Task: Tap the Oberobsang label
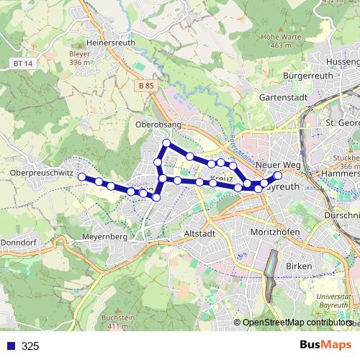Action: tap(158, 125)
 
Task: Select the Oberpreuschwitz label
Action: tap(41, 173)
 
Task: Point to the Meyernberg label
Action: tap(104, 235)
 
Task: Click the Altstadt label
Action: tap(199, 234)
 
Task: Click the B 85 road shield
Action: tap(145, 86)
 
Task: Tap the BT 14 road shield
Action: tap(23, 63)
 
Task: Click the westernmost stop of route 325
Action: tap(82, 176)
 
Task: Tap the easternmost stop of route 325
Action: tap(278, 174)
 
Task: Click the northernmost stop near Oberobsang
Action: tap(166, 143)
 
